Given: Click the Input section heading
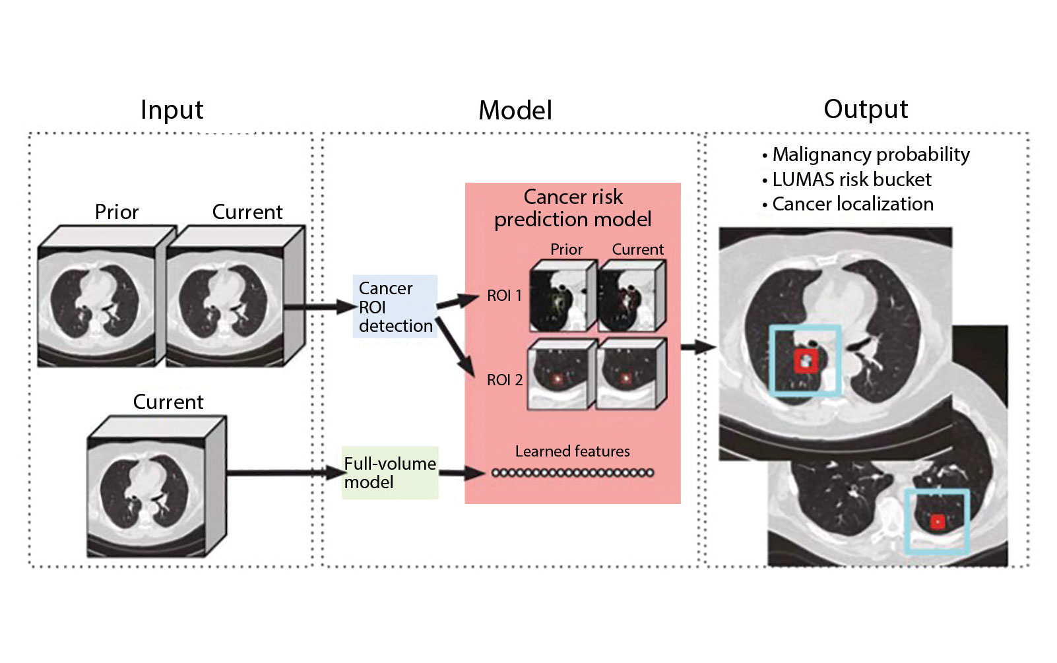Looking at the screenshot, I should (x=172, y=110).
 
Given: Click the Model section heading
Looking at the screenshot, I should (x=515, y=111).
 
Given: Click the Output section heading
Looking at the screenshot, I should (x=865, y=110).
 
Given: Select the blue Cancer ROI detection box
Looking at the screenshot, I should (x=395, y=307).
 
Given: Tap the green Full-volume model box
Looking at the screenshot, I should (x=389, y=473).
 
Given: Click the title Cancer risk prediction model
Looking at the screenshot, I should (x=573, y=208).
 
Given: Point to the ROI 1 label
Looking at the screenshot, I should (x=504, y=296).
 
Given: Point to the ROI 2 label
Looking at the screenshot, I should (x=504, y=380).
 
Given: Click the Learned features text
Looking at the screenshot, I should (x=572, y=451).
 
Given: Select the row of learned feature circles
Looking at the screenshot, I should (x=572, y=472).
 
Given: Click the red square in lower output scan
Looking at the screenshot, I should (x=937, y=522).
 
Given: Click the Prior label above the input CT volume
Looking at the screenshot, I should (x=117, y=212).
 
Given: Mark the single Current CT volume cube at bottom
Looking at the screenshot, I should (x=157, y=487).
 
